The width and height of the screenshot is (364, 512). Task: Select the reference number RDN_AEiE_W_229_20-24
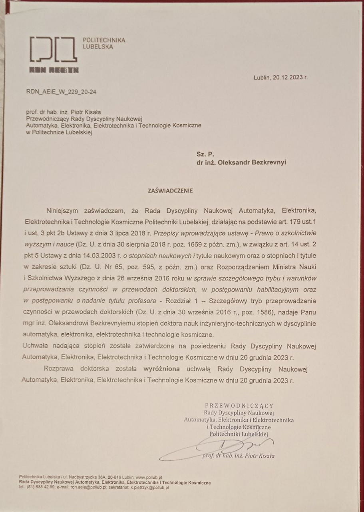pos(61,92)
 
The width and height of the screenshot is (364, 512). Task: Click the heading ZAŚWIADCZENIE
pos(170,190)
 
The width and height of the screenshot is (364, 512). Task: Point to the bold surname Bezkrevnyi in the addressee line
pos(266,163)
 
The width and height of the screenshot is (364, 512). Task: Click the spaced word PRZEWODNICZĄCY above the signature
pos(239,405)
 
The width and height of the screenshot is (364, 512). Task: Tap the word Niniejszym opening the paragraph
pos(65,209)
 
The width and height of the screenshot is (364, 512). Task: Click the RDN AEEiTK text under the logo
pos(54,71)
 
